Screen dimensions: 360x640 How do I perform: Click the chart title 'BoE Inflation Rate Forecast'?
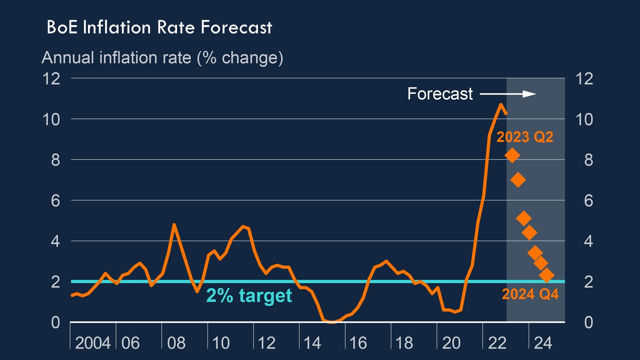(159, 27)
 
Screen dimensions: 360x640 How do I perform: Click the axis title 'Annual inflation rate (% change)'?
(162, 58)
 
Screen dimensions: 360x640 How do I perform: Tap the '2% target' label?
(249, 295)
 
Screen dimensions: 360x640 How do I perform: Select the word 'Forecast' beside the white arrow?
(440, 93)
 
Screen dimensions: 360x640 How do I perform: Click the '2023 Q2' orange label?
(524, 136)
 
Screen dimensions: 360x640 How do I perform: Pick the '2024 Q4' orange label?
(530, 294)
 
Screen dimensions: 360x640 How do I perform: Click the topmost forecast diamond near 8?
(512, 155)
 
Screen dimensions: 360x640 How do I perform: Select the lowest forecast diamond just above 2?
(546, 275)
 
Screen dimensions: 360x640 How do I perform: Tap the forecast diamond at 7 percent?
(518, 180)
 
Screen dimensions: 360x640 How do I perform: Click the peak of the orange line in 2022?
(500, 104)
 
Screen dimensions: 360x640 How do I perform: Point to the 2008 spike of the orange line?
(174, 224)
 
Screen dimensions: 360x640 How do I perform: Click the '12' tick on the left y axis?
(51, 78)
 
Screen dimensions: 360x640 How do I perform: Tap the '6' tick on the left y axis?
(55, 200)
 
